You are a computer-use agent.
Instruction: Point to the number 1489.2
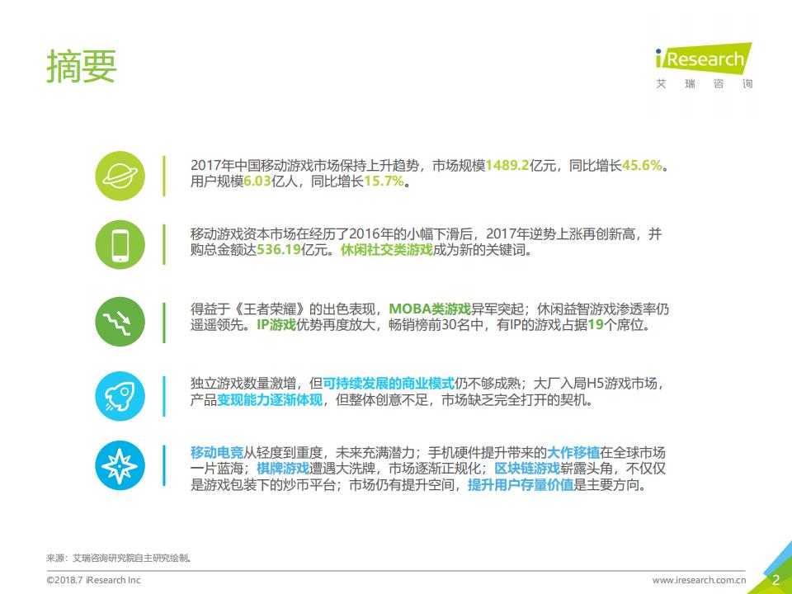coord(507,165)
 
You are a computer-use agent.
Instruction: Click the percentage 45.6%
coord(642,165)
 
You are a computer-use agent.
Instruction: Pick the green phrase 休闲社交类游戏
coord(386,251)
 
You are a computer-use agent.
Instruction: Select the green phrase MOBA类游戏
coord(430,309)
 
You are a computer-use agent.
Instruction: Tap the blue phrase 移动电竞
coord(217,452)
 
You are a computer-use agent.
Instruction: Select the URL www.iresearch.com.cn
coord(700,580)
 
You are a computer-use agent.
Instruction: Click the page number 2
coord(775,579)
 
